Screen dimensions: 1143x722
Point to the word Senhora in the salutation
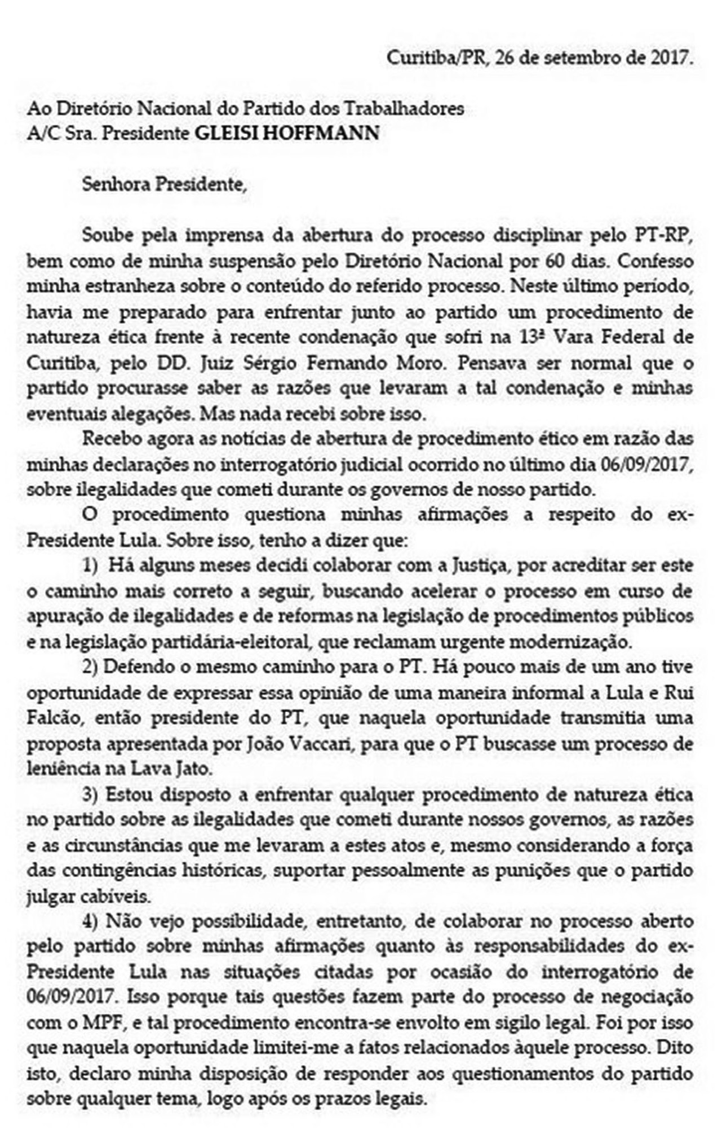click(116, 184)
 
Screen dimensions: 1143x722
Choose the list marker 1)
click(90, 566)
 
